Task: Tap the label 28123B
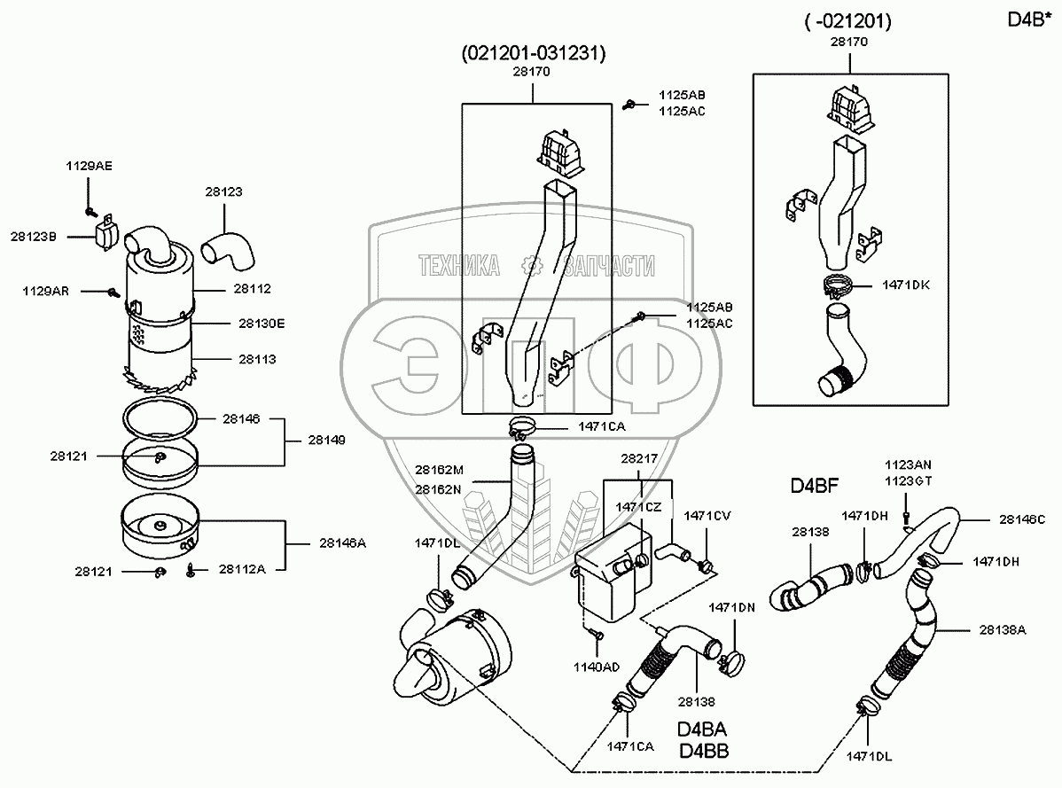(34, 237)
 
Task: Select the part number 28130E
(262, 324)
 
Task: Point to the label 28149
(327, 440)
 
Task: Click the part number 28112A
(241, 570)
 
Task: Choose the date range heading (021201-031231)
(534, 54)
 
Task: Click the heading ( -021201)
(848, 20)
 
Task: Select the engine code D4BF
(815, 486)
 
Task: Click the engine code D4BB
(703, 752)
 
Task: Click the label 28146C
(1022, 519)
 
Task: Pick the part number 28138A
(1003, 629)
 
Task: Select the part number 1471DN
(731, 607)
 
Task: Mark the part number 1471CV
(706, 515)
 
